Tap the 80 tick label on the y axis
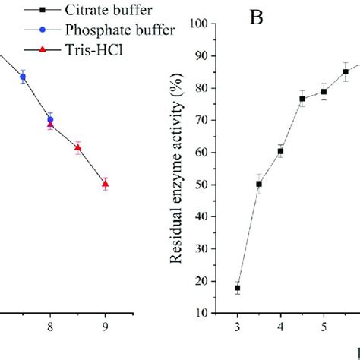pos(199,88)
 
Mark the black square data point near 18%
pos(237,288)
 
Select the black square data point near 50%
pos(259,184)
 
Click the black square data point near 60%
pos(280,151)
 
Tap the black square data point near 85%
pos(346,72)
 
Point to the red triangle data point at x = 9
pos(106,183)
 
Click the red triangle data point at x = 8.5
pos(78,148)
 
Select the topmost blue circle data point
pos(23,77)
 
